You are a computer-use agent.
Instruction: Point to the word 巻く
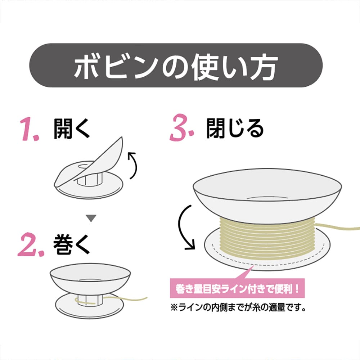tap(72, 245)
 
